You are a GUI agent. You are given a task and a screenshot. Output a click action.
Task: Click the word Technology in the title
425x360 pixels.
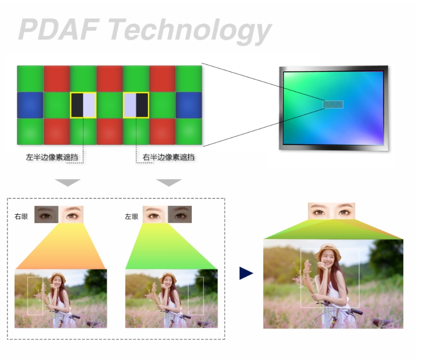pos(190,31)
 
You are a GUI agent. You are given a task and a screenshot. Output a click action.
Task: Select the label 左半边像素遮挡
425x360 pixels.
pos(52,157)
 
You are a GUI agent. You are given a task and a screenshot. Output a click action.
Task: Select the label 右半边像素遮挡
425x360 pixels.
pos(168,157)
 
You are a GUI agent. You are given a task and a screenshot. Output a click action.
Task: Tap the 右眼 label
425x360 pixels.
pos(21,217)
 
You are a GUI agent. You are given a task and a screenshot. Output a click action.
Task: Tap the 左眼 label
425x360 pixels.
pos(131,217)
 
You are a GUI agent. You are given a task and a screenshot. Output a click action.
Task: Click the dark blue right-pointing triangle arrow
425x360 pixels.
pos(246,273)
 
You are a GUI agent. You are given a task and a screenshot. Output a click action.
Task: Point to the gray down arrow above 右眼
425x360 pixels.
pos(68,182)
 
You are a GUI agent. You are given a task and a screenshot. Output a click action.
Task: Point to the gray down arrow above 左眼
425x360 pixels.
pos(169,182)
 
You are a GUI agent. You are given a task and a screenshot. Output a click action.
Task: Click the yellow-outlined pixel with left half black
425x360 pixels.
pos(83,105)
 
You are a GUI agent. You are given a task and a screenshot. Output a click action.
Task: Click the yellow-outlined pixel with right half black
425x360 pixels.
pos(136,105)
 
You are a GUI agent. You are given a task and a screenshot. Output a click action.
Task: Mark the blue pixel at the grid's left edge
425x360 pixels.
pos(30,105)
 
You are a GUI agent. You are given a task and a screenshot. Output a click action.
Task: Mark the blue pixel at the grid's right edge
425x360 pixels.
pos(189,105)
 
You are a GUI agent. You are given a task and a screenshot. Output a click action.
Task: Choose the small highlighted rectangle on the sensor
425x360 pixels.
pos(333,104)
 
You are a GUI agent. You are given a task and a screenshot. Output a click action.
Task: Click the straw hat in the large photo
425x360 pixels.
pos(328,252)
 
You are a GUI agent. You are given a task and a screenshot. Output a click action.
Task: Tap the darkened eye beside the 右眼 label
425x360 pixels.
pos(46,214)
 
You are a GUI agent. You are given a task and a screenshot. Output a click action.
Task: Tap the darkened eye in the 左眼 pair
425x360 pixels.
pos(180,214)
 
